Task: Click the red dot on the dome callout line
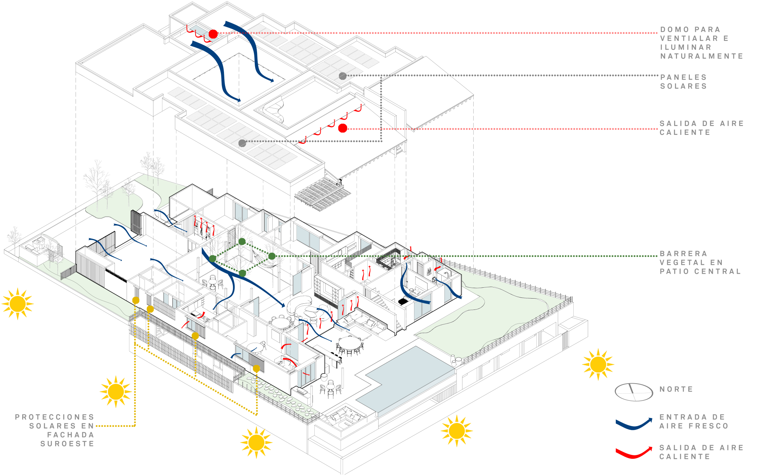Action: click(213, 34)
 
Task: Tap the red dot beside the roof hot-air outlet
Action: click(343, 128)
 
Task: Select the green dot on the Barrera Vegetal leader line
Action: click(272, 256)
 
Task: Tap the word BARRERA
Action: click(684, 254)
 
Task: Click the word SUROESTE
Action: click(67, 444)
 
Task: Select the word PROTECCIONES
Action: click(55, 417)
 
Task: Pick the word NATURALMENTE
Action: click(702, 56)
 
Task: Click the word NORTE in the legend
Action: click(677, 389)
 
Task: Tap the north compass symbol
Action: click(634, 392)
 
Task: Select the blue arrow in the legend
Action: click(634, 424)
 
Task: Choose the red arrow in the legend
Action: click(634, 453)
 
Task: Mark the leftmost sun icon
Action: click(18, 304)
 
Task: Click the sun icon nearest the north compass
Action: click(598, 365)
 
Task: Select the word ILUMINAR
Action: click(686, 47)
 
